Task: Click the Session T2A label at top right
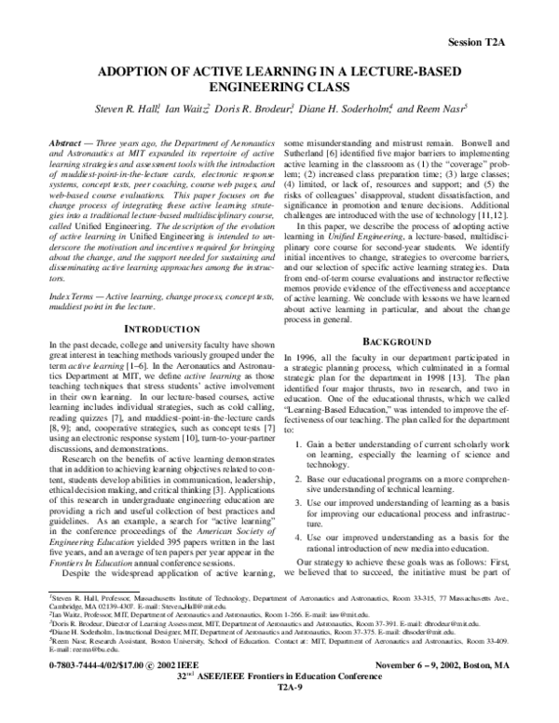coord(504,44)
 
